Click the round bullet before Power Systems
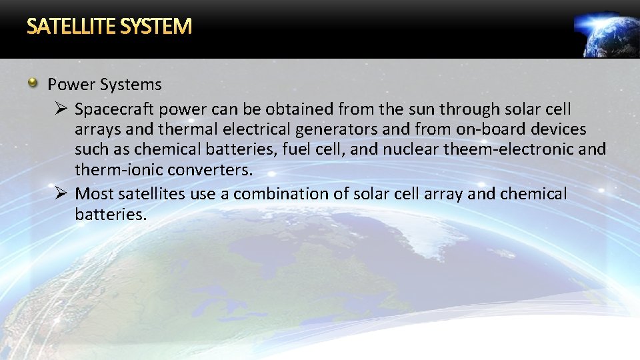tap(33, 83)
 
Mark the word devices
tap(557, 129)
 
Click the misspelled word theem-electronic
tap(513, 149)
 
